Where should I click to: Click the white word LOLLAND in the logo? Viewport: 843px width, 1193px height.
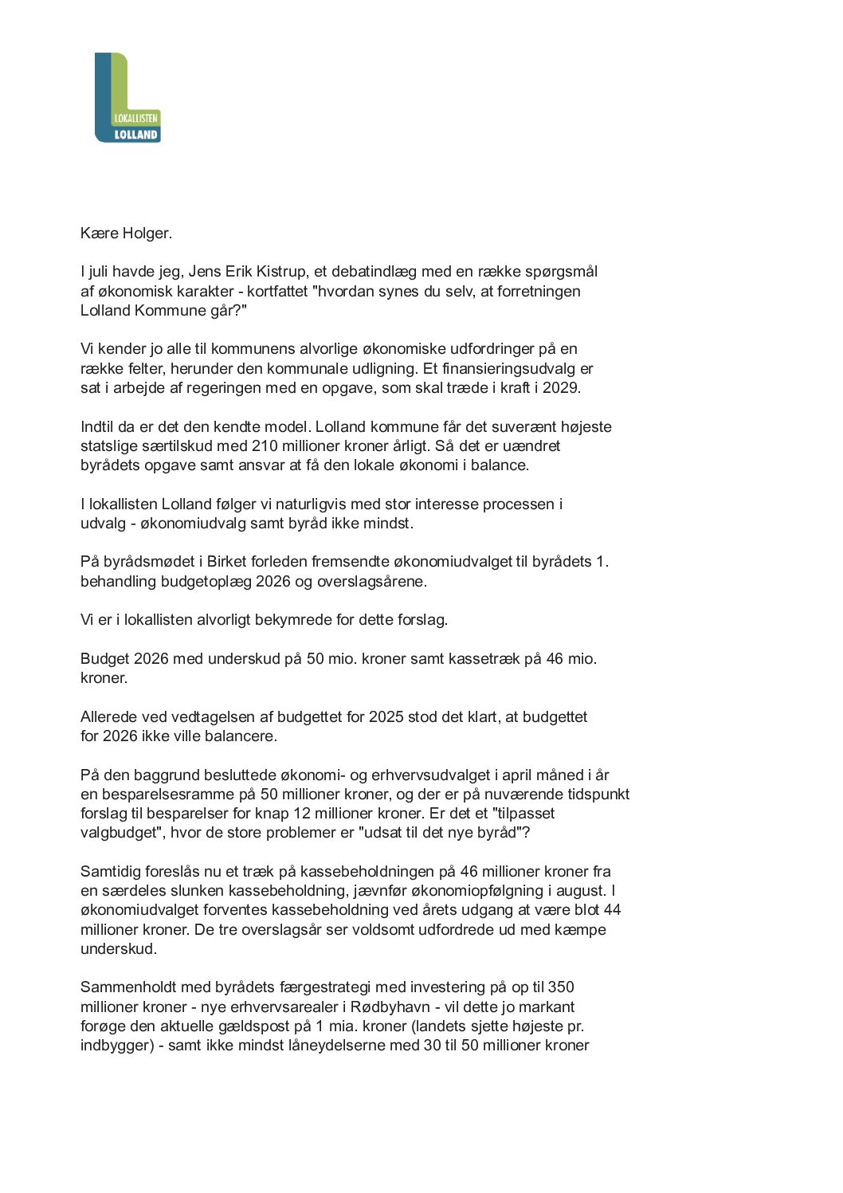(x=136, y=135)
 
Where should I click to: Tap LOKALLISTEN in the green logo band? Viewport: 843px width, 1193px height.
(x=136, y=118)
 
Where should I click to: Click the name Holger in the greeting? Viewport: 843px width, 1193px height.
(x=146, y=233)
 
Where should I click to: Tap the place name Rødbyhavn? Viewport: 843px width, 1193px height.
(x=390, y=1007)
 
